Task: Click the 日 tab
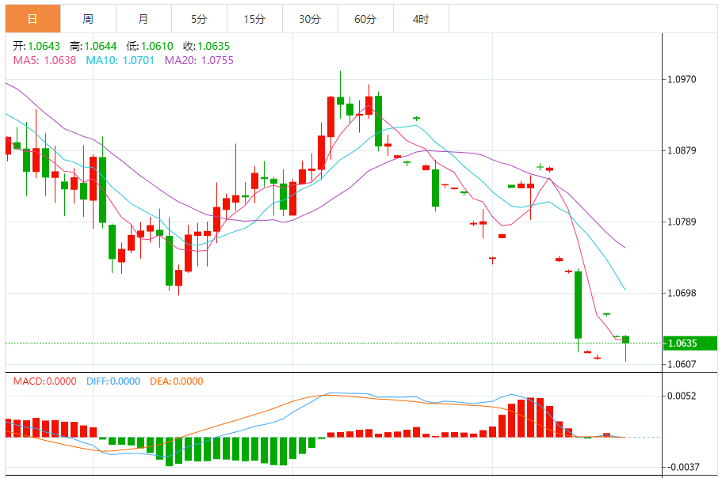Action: pyautogui.click(x=32, y=19)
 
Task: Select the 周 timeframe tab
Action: pyautogui.click(x=88, y=19)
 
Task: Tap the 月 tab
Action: pyautogui.click(x=143, y=19)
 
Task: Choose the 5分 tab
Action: pyautogui.click(x=198, y=19)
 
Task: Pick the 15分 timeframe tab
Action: pyautogui.click(x=254, y=19)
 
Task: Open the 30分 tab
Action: pyautogui.click(x=310, y=19)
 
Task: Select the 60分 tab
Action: pyautogui.click(x=365, y=19)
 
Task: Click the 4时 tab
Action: pyautogui.click(x=421, y=19)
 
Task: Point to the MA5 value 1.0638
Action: pyautogui.click(x=44, y=60)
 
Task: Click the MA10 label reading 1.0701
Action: pyautogui.click(x=120, y=60)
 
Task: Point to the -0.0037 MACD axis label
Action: pyautogui.click(x=682, y=467)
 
